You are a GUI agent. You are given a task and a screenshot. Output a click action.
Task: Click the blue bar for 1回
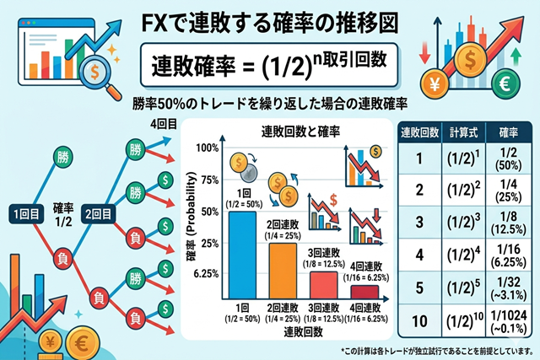tap(243, 254)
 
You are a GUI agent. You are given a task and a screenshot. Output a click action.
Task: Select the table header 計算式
tap(462, 133)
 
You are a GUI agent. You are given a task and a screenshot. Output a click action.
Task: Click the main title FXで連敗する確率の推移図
tap(269, 18)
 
